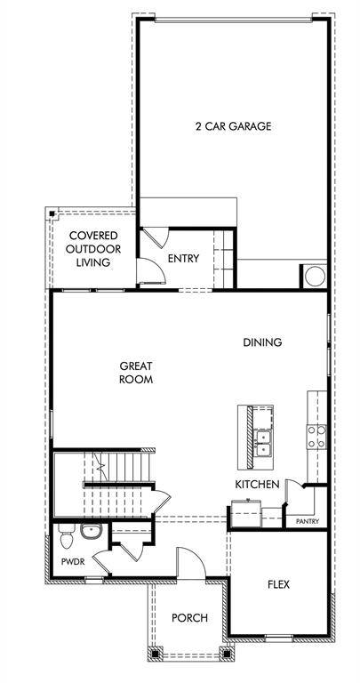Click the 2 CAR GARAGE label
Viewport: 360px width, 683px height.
tap(233, 126)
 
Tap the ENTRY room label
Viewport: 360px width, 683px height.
tap(183, 259)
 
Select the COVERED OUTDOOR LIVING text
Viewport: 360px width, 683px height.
tap(93, 249)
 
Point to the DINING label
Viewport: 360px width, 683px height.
tap(263, 342)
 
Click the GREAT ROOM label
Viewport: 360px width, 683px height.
tap(137, 372)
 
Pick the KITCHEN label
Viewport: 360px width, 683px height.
tap(258, 484)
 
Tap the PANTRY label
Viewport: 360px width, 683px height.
tap(307, 522)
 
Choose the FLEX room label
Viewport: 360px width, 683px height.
tap(278, 584)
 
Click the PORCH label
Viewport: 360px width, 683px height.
tap(189, 618)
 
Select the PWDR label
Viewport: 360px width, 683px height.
tap(72, 563)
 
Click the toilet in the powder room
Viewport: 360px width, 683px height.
tap(66, 535)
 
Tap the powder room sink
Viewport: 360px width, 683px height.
tap(91, 533)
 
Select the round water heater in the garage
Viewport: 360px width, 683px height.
tap(315, 277)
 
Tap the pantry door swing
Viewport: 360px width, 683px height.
tap(294, 496)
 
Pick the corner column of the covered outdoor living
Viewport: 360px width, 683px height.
tap(52, 214)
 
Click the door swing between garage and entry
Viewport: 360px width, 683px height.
tap(154, 237)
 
